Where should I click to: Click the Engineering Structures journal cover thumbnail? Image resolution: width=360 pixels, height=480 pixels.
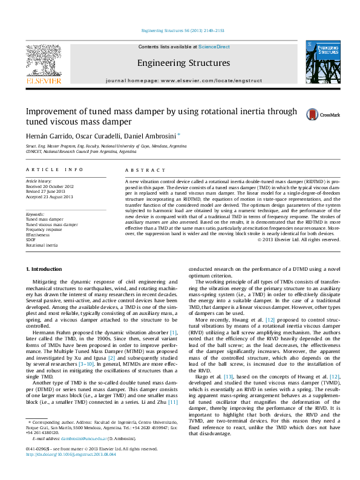point(319,63)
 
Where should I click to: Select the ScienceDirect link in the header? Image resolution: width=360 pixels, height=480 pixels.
point(214,47)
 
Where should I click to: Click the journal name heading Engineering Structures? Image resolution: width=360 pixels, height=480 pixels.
point(183,63)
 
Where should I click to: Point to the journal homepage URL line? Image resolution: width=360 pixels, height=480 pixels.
point(183,80)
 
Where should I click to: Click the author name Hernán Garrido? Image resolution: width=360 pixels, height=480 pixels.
point(48,134)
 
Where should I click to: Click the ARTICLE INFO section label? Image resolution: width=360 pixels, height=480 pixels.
point(54,170)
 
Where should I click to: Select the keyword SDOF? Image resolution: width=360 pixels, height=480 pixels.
point(31,239)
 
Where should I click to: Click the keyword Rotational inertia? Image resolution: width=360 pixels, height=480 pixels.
point(42,245)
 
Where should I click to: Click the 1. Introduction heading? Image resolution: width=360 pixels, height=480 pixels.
point(44,268)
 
